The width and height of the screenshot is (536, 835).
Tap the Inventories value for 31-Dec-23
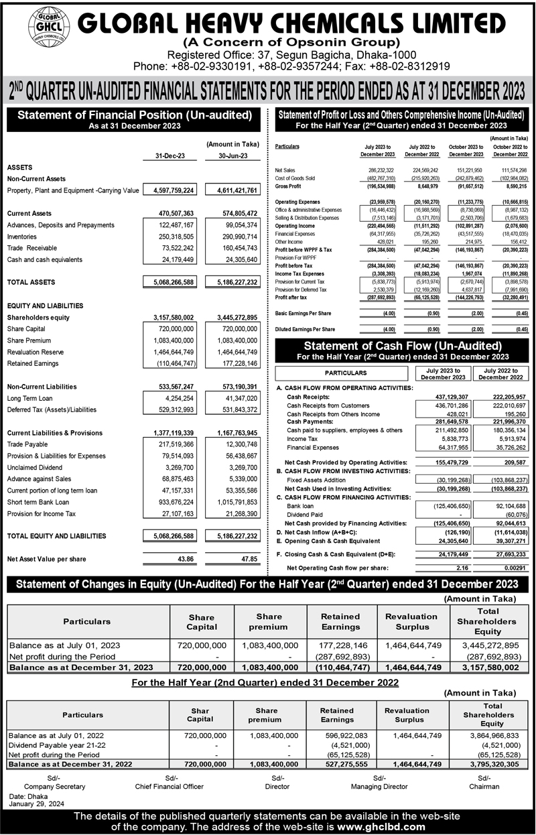(x=170, y=237)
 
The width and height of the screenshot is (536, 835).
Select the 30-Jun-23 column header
(x=228, y=157)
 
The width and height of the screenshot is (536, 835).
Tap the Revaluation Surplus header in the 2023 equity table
(x=411, y=622)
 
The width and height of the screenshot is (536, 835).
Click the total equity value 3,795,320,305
(x=492, y=763)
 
